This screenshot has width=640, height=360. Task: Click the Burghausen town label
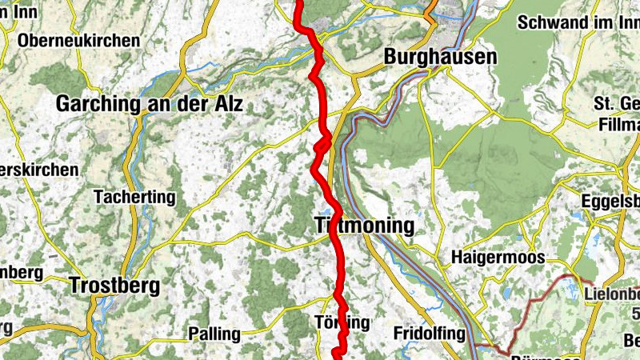[440, 58]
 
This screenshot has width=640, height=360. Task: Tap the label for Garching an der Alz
[149, 104]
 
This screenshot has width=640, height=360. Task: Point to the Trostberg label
[114, 285]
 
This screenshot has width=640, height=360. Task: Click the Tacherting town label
[134, 196]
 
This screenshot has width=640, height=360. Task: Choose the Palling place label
[214, 333]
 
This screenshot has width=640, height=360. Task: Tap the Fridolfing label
[429, 333]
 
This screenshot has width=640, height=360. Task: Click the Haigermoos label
[498, 258]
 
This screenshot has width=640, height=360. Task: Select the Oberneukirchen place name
[78, 40]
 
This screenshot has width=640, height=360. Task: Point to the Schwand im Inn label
[578, 22]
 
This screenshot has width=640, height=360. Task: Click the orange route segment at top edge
[432, 8]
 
